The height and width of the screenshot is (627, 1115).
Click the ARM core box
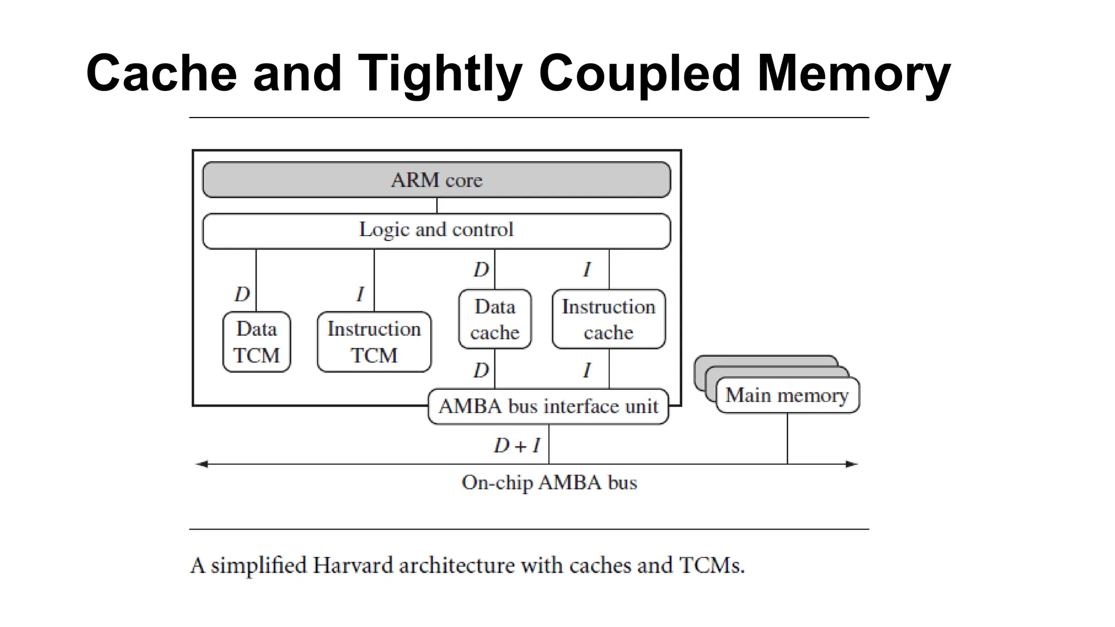pyautogui.click(x=436, y=180)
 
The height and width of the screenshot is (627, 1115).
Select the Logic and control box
pyautogui.click(x=436, y=230)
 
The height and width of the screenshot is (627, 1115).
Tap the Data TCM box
pyautogui.click(x=256, y=342)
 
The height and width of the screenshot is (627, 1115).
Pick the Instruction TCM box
pyautogui.click(x=374, y=342)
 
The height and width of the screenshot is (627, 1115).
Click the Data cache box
pyautogui.click(x=495, y=319)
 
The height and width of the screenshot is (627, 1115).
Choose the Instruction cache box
pyautogui.click(x=608, y=319)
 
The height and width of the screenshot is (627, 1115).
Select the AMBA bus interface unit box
pyautogui.click(x=548, y=407)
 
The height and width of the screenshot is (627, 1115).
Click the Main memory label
pyautogui.click(x=787, y=395)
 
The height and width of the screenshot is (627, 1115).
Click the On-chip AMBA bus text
pyautogui.click(x=549, y=483)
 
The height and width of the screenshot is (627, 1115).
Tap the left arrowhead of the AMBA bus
pyautogui.click(x=202, y=464)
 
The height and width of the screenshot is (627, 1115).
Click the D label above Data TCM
pyautogui.click(x=242, y=294)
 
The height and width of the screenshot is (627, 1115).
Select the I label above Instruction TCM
pyautogui.click(x=360, y=294)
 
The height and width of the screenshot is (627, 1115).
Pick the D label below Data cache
pyautogui.click(x=481, y=371)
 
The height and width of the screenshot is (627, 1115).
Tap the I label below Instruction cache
pyautogui.click(x=586, y=371)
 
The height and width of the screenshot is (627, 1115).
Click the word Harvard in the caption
pyautogui.click(x=353, y=565)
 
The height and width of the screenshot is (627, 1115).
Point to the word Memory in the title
pyautogui.click(x=853, y=74)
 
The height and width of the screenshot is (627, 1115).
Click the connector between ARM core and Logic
pyautogui.click(x=437, y=205)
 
